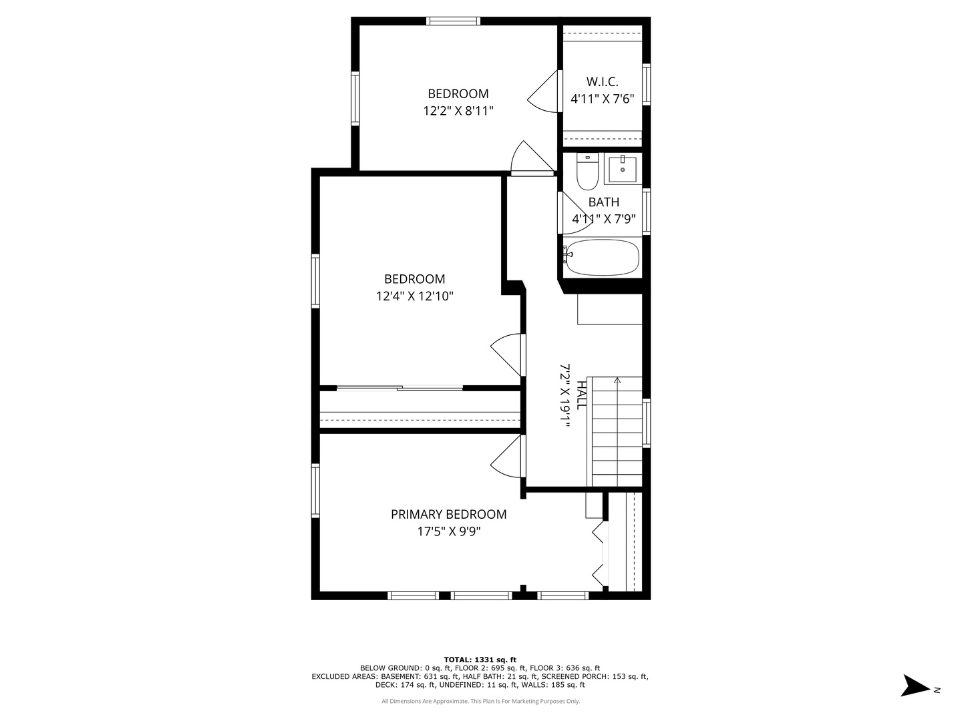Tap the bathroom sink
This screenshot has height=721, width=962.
[623, 169]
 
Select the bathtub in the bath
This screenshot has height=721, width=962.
[602, 258]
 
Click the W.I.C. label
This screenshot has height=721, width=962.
[602, 82]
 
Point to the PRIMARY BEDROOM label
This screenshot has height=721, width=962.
[448, 514]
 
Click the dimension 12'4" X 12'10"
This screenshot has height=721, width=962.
[415, 296]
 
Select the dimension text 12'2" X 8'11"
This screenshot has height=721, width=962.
[458, 111]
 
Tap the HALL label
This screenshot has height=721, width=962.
[581, 395]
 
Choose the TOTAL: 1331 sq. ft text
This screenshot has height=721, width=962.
[480, 660]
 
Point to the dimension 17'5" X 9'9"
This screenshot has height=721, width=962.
[449, 531]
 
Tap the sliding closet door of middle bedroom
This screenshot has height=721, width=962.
[399, 388]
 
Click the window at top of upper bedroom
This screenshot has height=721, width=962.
[453, 21]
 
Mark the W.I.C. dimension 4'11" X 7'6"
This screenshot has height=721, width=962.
[602, 99]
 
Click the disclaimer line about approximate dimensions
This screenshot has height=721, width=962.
[480, 701]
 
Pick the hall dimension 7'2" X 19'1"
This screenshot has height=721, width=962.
[565, 395]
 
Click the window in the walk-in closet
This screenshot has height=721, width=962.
[646, 85]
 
